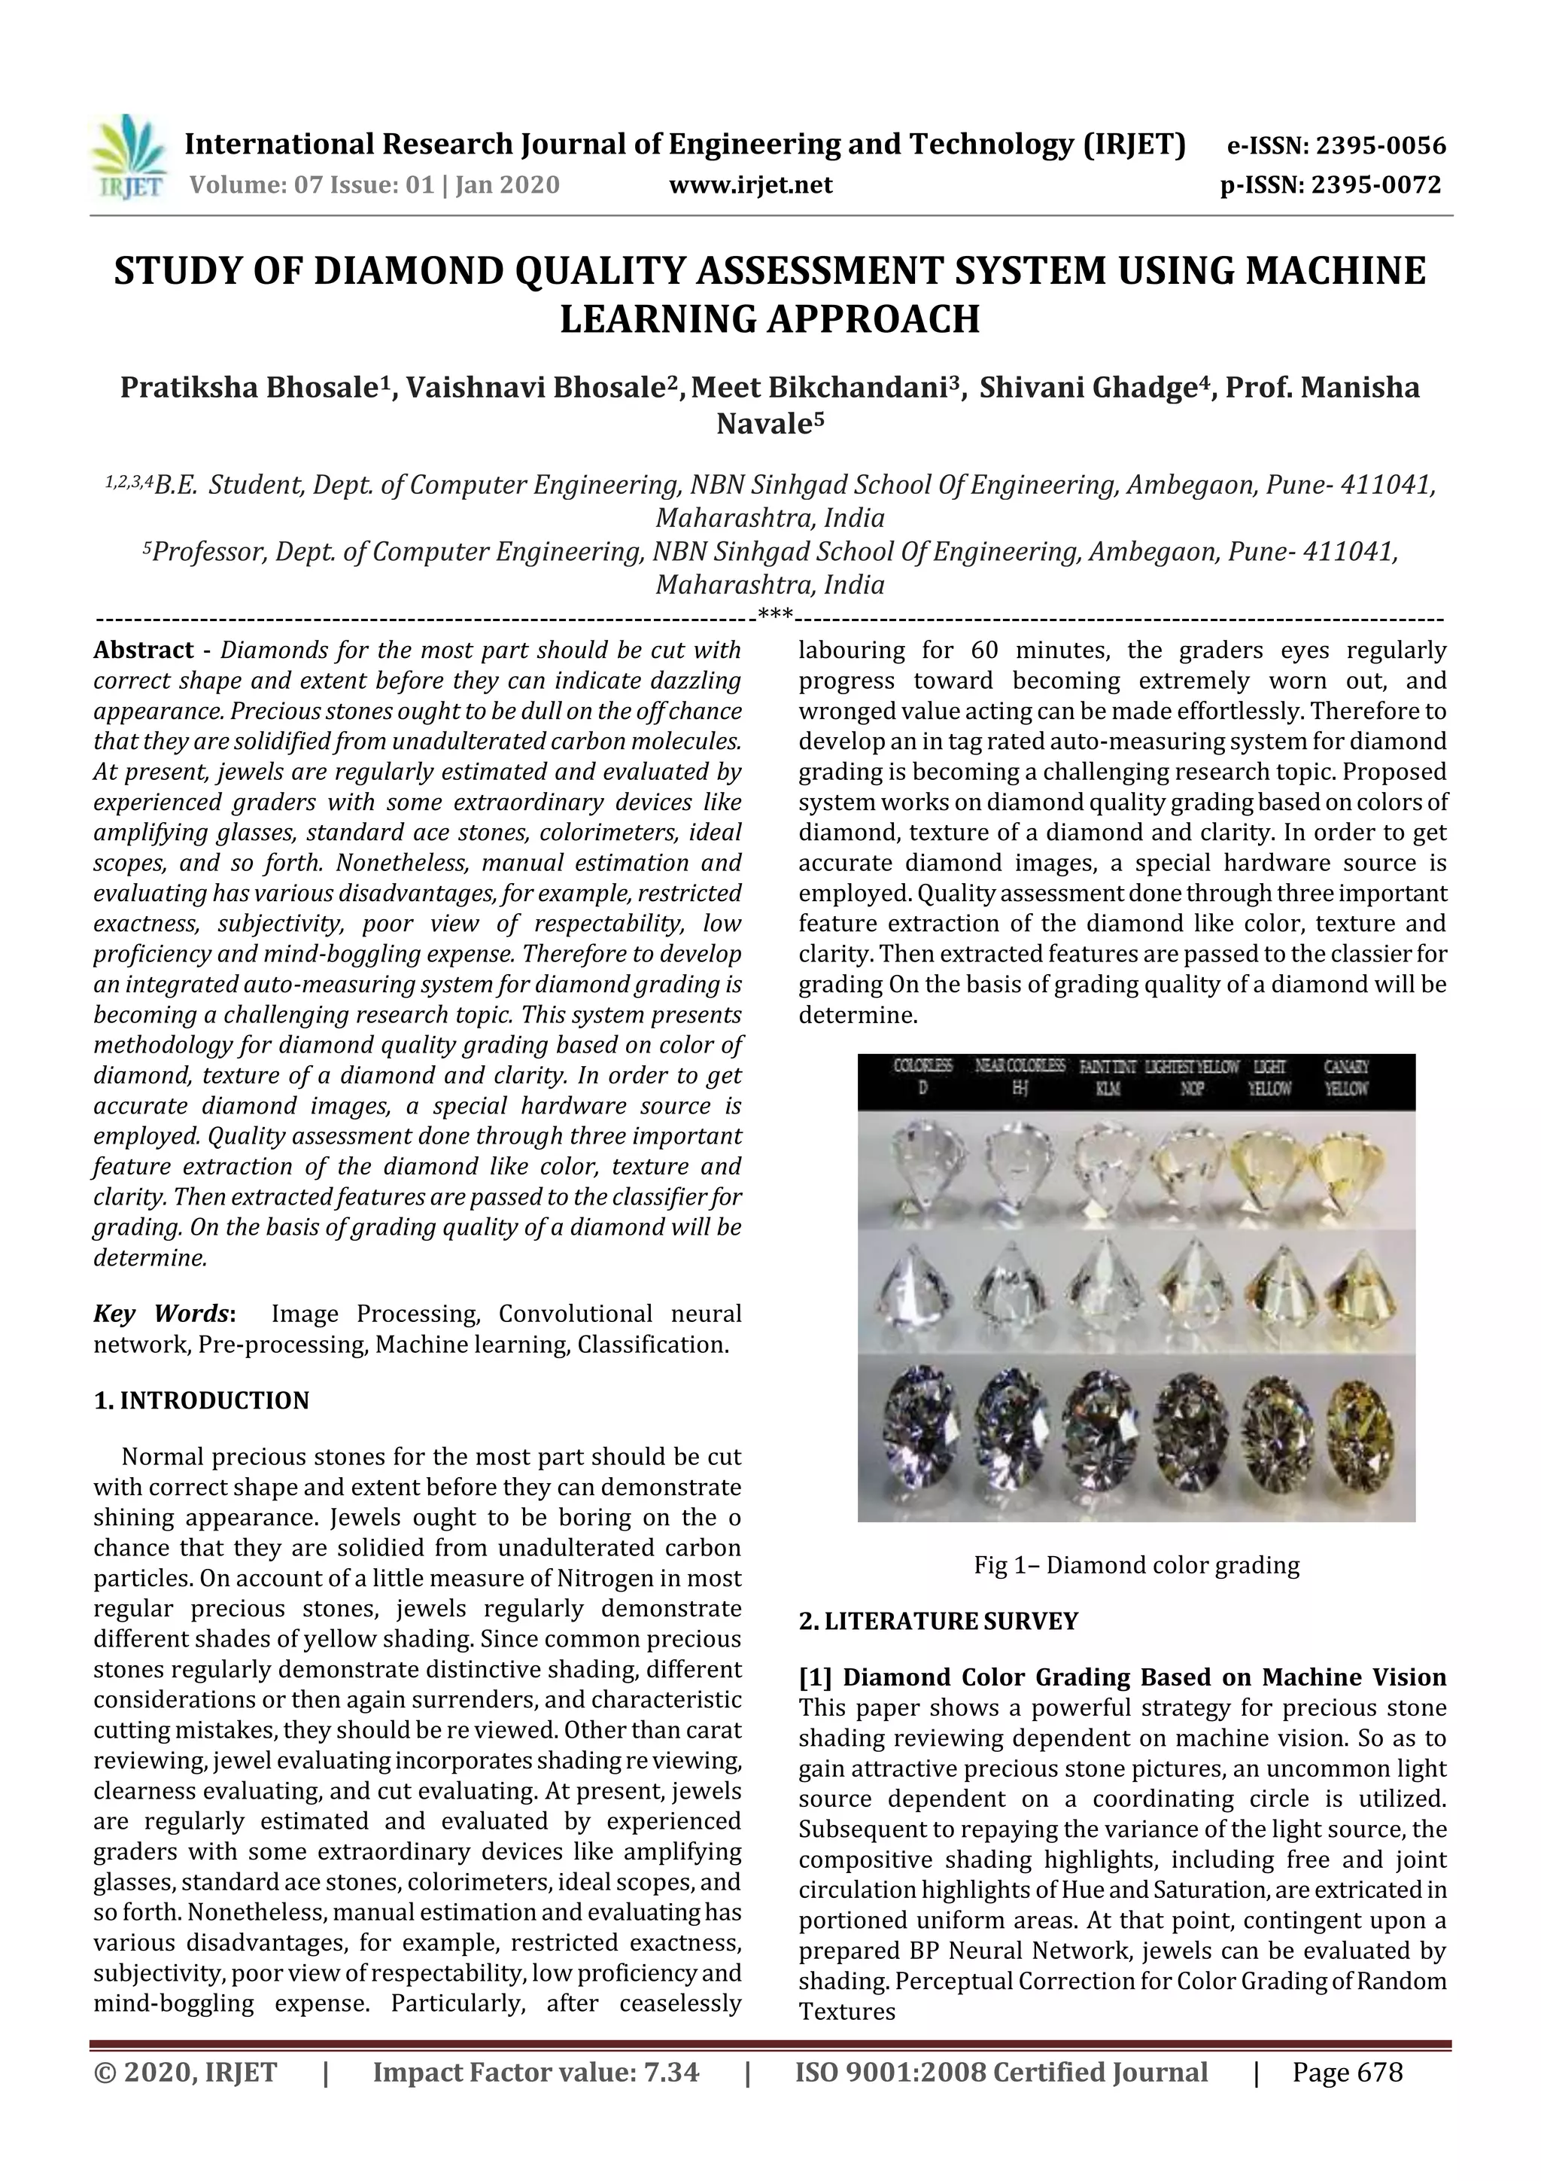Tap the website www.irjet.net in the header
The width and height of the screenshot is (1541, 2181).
[750, 185]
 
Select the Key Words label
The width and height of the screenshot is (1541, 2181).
[163, 1314]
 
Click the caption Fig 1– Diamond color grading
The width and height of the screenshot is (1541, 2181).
[1135, 1564]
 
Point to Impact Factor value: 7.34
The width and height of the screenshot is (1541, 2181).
[536, 2098]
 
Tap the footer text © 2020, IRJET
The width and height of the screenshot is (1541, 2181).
[186, 2098]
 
